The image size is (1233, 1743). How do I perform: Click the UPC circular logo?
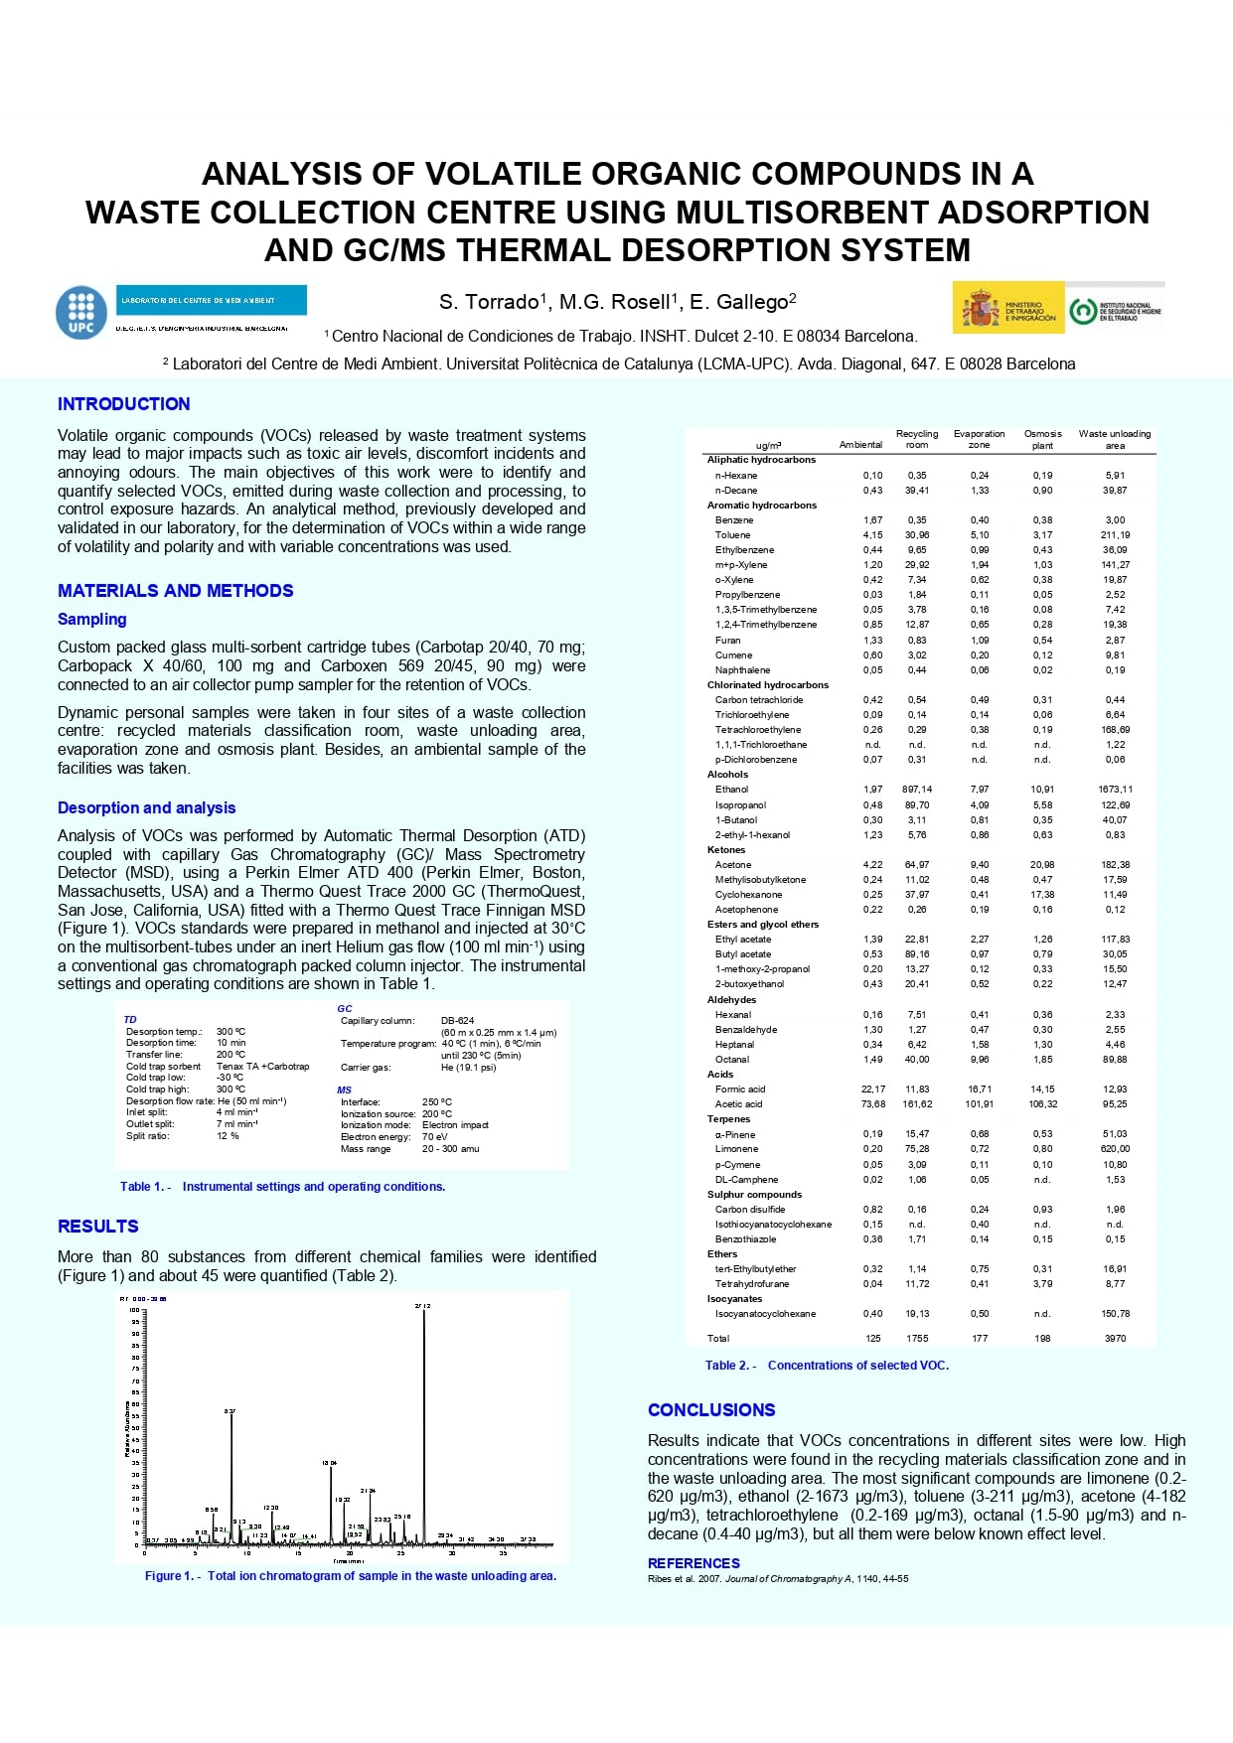81,312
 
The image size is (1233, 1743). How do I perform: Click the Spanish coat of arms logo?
980,309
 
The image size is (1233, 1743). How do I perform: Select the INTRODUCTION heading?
123,404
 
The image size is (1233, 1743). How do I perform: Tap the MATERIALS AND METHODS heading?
175,591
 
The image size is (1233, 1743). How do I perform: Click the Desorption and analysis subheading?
146,808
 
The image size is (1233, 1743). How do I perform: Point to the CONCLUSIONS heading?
710,1410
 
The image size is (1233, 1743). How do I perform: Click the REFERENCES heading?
694,1563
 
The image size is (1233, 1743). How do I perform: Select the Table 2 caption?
827,1366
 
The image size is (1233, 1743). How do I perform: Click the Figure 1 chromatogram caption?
350,1576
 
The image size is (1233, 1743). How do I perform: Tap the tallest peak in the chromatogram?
424,1321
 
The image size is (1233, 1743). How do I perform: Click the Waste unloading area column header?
1115,439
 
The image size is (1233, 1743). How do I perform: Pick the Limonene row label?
736,1149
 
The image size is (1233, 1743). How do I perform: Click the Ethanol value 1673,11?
1115,790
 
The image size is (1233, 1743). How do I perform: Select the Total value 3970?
1115,1339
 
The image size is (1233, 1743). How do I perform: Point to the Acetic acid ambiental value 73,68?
872,1104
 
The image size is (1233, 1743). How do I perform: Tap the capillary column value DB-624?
457,1021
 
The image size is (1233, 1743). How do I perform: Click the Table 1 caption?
282,1187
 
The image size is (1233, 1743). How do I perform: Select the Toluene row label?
732,535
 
